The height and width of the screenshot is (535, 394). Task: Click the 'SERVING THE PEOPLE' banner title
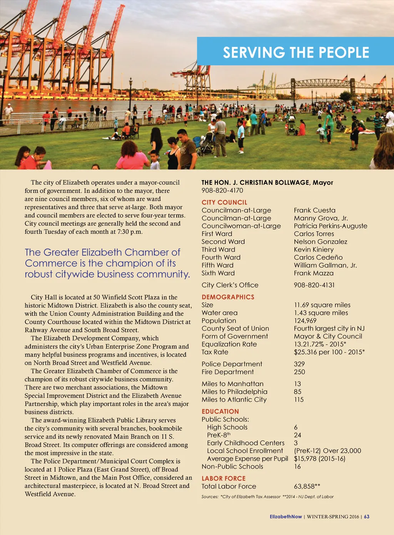pos(296,52)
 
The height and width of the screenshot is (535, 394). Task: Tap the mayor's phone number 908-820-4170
pos(222,190)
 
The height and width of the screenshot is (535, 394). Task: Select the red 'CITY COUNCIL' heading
pos(224,202)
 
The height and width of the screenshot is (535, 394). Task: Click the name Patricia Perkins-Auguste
pos(330,226)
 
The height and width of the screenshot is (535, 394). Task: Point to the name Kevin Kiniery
pos(314,249)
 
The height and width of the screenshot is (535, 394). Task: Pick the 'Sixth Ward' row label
pos(218,273)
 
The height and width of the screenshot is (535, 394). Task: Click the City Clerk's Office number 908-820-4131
pos(314,285)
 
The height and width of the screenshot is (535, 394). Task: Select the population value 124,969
pos(305,321)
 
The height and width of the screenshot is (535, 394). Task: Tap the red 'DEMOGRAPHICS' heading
pos(228,297)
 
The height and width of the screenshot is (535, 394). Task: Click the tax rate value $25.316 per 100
pos(329,352)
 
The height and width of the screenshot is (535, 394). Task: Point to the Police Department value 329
pos(299,364)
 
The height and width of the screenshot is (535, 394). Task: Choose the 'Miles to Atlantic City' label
pos(234,399)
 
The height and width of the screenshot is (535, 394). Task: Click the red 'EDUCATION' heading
pos(220,411)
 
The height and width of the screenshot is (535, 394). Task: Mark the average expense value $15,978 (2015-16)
pos(319,459)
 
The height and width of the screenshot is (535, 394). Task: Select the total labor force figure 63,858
pos(307,486)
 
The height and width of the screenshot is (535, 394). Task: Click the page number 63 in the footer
pos(367,517)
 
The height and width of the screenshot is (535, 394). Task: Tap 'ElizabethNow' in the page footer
pos(285,517)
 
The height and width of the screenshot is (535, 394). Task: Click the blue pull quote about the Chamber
pos(107,263)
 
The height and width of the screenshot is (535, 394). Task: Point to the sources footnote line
pos(267,497)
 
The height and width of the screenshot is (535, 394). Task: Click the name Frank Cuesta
pos(314,210)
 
